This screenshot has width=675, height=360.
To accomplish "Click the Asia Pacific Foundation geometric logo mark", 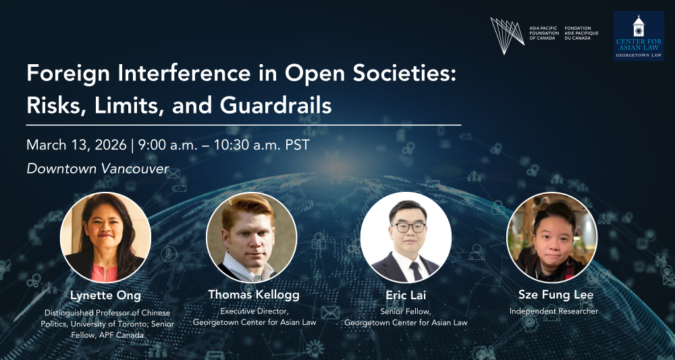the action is [x=507, y=36].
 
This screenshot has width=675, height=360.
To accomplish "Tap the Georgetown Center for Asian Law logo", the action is [x=639, y=36].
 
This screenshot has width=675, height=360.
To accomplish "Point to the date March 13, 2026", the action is [x=77, y=145].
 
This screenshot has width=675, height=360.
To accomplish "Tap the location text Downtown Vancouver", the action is [x=98, y=169].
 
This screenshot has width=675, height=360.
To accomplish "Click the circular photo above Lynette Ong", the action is [x=105, y=237].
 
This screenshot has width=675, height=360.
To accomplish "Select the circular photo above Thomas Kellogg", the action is [x=251, y=237].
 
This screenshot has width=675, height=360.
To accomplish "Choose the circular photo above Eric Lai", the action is [x=406, y=237].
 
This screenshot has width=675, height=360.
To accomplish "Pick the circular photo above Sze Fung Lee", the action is [x=552, y=237].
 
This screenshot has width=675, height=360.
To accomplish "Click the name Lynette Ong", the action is [x=105, y=297].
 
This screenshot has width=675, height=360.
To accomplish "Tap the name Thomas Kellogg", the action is [x=254, y=295].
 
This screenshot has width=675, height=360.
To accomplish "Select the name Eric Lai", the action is [x=406, y=295].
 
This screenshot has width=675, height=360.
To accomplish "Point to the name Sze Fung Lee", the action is [x=556, y=295].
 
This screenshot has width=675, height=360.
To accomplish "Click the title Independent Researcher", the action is [x=553, y=311].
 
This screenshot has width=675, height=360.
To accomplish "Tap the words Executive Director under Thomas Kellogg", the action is [x=251, y=311].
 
